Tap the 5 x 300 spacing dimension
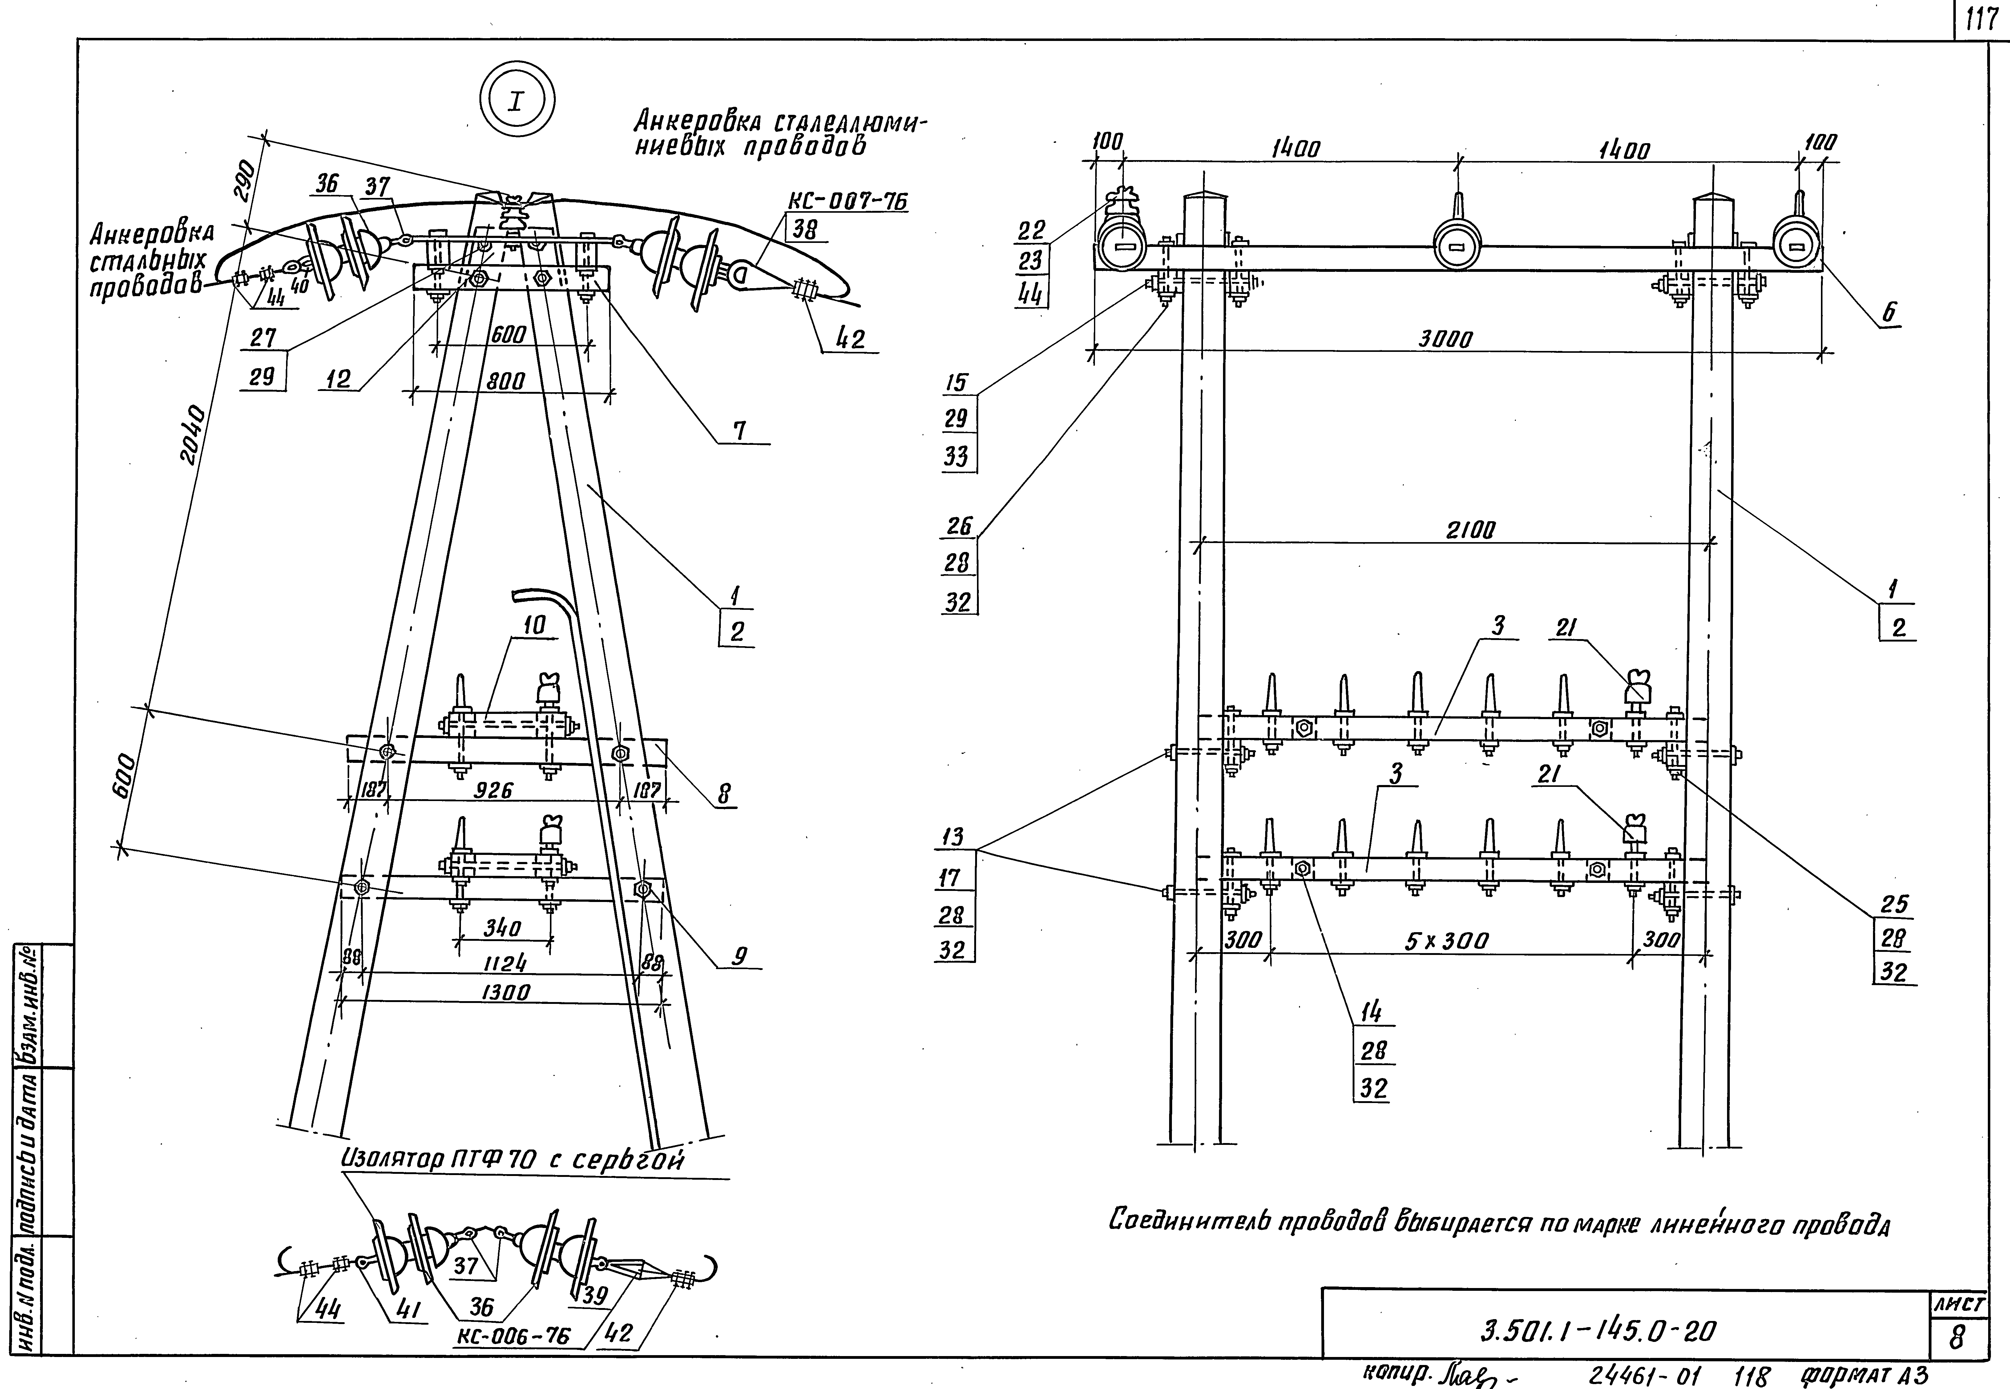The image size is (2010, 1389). click(1446, 941)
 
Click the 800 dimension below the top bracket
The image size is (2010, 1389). click(506, 380)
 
